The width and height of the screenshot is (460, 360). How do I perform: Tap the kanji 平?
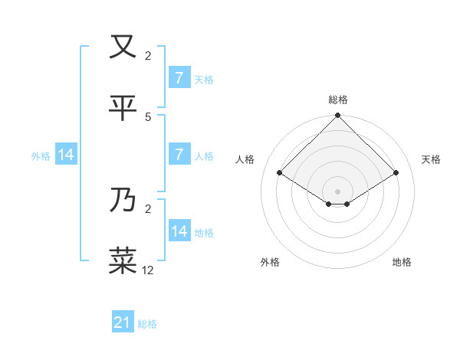(123, 108)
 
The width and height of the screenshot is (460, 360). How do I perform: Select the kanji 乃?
(123, 200)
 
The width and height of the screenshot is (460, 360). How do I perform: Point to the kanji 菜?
(123, 260)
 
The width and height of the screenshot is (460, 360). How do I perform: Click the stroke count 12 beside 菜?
(148, 270)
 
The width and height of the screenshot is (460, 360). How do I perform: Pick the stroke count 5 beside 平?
(148, 116)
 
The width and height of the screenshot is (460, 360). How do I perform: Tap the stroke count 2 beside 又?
(148, 55)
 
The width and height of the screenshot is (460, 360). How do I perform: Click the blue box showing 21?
(123, 323)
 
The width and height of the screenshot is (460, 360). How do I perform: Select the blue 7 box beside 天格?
(179, 78)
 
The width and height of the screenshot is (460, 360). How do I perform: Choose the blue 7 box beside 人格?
(179, 155)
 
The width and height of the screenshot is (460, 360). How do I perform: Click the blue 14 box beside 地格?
(179, 231)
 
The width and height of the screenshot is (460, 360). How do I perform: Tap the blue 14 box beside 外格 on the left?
(66, 155)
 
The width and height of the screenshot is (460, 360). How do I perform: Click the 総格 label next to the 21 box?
(147, 324)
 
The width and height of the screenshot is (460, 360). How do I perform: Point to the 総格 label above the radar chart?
(338, 100)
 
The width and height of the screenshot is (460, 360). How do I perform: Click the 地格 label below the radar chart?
(402, 262)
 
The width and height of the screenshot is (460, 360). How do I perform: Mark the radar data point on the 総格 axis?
(338, 116)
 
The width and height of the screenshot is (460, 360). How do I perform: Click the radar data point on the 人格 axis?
(280, 172)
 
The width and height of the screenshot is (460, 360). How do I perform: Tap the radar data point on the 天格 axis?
(396, 172)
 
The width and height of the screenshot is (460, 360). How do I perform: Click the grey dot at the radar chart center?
(338, 191)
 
